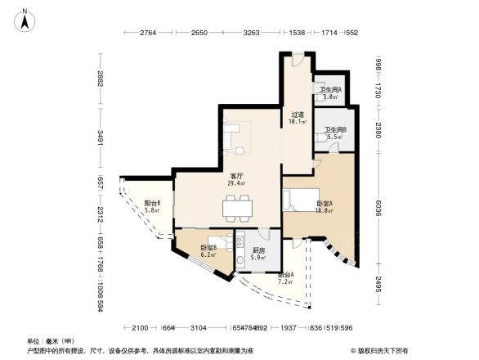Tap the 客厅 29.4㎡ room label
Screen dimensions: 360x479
click(x=237, y=180)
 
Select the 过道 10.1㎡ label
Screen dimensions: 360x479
click(x=297, y=119)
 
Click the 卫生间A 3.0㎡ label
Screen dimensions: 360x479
click(x=330, y=93)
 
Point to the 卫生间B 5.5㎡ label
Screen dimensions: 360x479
click(x=335, y=133)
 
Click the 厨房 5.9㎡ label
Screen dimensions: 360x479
click(x=258, y=254)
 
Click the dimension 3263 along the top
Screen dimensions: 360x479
click(x=252, y=34)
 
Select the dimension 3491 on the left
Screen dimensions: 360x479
click(x=100, y=138)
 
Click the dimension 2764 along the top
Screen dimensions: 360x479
click(x=147, y=34)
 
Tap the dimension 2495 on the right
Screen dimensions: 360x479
click(x=378, y=284)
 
